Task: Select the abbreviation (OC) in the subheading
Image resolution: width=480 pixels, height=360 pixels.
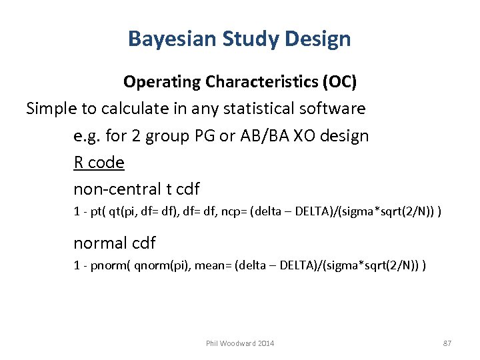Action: (340, 82)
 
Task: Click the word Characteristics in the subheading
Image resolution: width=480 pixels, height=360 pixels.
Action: (263, 82)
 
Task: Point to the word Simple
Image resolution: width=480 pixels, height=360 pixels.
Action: (50, 108)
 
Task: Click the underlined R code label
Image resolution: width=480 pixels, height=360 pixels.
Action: (99, 162)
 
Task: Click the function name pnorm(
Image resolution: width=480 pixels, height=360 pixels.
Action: (98, 265)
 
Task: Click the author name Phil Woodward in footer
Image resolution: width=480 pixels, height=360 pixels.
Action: (231, 343)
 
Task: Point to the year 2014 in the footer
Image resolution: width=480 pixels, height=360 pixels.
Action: (265, 343)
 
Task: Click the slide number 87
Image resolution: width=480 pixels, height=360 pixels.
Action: (447, 343)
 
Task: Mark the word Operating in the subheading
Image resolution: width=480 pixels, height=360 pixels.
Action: (162, 82)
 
